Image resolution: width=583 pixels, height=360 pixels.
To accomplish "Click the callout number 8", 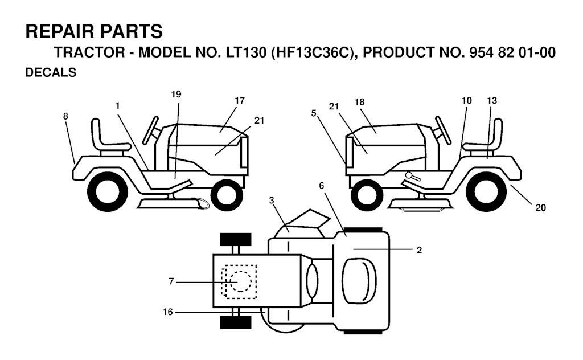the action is click(x=65, y=116).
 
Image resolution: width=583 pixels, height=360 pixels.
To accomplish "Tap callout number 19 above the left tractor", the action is click(x=176, y=95).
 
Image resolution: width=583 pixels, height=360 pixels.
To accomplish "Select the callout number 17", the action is click(x=240, y=100).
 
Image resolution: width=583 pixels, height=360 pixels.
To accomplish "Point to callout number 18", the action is click(x=360, y=102).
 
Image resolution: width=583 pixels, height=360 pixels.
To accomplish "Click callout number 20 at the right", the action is click(x=541, y=208).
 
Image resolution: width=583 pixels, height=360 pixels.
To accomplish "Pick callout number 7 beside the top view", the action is click(x=171, y=281).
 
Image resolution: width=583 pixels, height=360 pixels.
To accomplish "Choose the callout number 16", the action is click(x=168, y=312).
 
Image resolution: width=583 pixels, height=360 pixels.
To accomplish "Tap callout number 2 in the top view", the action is click(x=420, y=250).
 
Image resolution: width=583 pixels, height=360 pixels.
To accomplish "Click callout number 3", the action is click(x=272, y=201).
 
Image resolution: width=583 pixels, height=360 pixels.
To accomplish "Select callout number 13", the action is click(x=492, y=100).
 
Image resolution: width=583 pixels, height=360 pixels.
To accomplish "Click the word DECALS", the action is click(x=51, y=72).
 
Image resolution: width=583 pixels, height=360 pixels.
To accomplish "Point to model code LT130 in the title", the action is click(x=246, y=52).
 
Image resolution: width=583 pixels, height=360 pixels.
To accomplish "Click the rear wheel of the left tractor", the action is click(x=107, y=193).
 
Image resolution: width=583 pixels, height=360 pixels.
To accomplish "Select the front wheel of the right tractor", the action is click(x=367, y=195).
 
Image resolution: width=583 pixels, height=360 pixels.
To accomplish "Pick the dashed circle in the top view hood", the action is click(x=240, y=281).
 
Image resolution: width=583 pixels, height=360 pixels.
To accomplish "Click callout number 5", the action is click(x=314, y=112).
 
